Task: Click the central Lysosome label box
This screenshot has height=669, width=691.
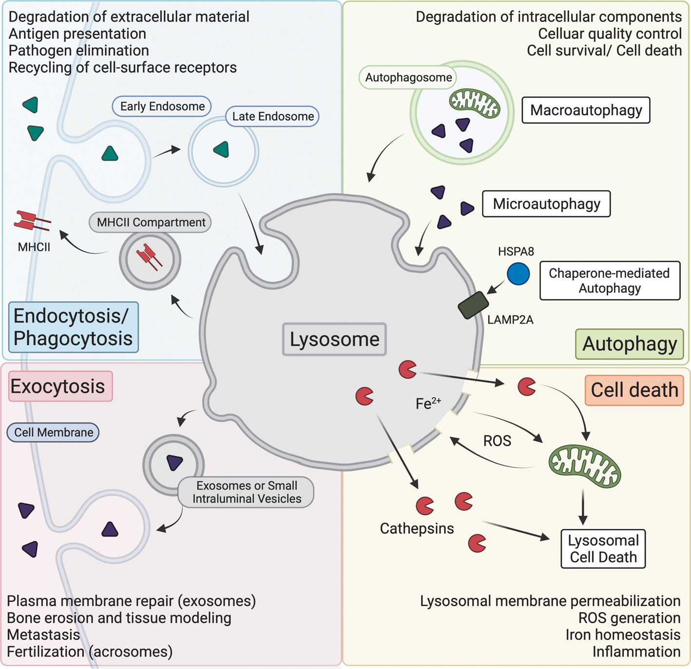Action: tap(334, 339)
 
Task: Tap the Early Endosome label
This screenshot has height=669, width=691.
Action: tap(162, 106)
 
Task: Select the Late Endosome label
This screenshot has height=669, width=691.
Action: tap(272, 116)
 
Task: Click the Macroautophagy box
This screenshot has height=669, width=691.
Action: tap(586, 110)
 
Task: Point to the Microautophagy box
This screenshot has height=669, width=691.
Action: tap(546, 204)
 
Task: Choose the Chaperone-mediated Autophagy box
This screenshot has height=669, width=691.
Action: tap(609, 281)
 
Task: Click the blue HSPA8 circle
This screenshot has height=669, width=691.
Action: tap(518, 273)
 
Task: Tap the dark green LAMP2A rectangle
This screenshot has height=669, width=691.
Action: tap(473, 306)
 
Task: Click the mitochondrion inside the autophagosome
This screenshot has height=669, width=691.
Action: tap(474, 103)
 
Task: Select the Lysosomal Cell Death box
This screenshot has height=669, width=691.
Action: tap(603, 549)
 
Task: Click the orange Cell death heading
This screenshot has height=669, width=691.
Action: tap(634, 390)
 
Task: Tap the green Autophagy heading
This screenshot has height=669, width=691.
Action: tap(629, 344)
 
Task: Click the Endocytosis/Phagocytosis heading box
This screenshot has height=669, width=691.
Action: tap(73, 327)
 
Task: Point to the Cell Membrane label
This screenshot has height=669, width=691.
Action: tap(53, 432)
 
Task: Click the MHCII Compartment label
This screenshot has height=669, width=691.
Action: tap(151, 222)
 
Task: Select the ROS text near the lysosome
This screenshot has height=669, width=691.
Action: tap(497, 441)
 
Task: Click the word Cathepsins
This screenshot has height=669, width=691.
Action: tap(417, 529)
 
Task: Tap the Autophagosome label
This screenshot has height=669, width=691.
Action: tap(408, 77)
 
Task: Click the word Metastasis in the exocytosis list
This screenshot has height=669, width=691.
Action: tap(43, 635)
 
